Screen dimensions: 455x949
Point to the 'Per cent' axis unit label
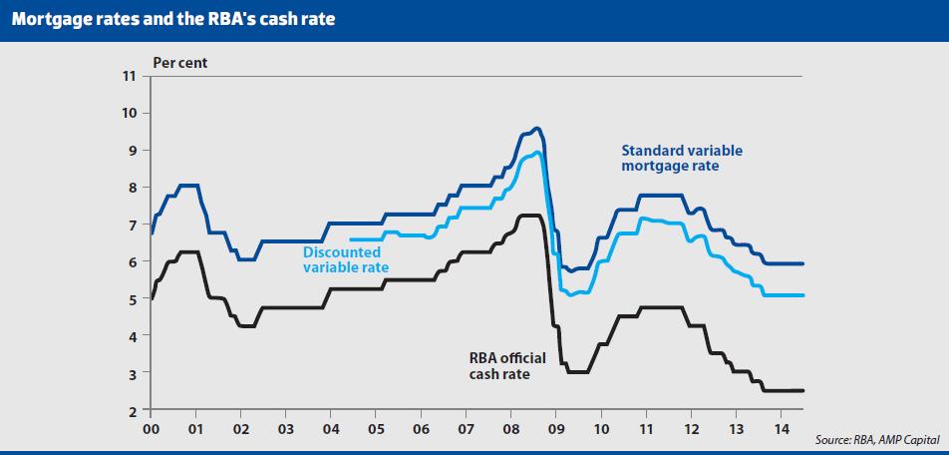coord(180,62)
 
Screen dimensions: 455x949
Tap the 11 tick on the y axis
coord(128,76)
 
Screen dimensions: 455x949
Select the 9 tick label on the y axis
coord(130,151)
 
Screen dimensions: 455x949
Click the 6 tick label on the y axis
coord(130,262)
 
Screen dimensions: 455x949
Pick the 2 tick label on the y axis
coord(130,411)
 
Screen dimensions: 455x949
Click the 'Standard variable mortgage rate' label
coord(682,159)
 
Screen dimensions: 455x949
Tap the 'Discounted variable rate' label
coord(346,260)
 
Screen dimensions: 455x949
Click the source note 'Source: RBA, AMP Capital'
coord(876,440)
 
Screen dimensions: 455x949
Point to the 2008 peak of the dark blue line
coord(536,128)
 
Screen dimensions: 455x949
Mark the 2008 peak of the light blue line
coord(537,153)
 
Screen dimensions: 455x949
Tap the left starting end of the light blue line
coord(352,239)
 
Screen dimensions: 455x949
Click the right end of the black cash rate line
coord(802,390)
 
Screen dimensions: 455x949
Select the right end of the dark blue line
coord(802,263)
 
